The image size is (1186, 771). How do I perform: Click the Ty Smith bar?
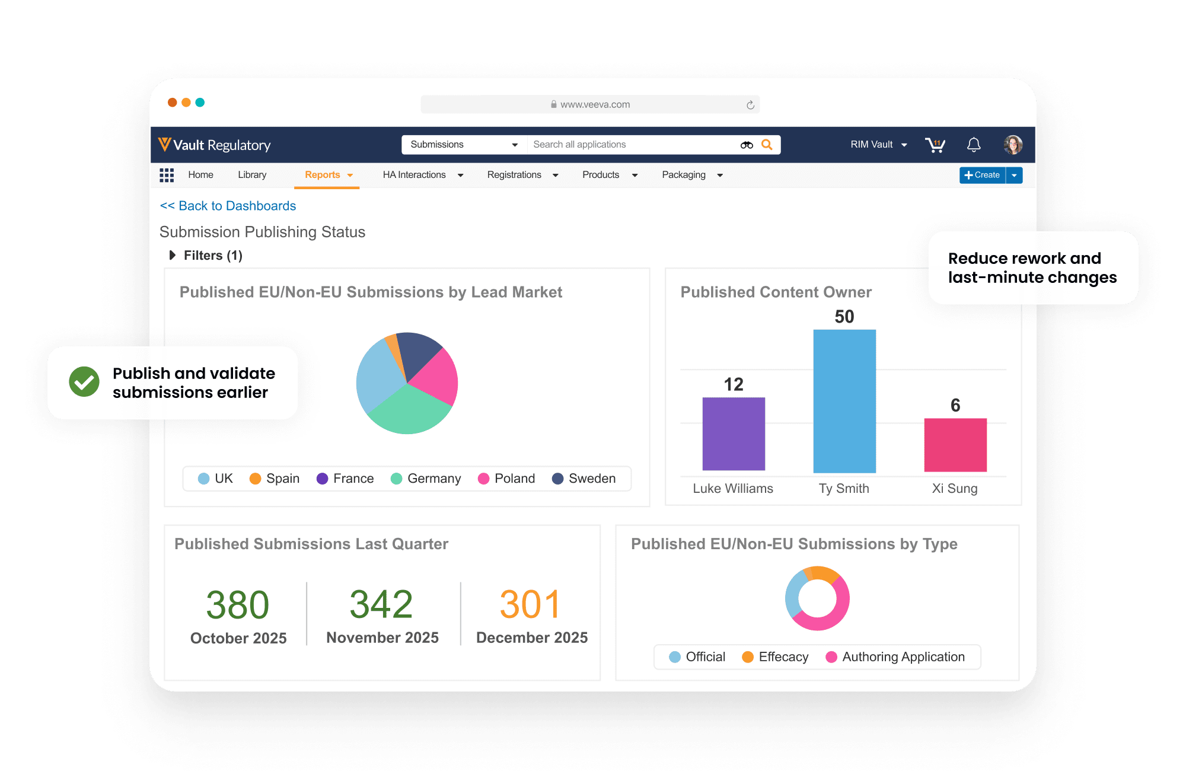click(844, 401)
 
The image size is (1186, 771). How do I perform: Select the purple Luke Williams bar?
click(734, 434)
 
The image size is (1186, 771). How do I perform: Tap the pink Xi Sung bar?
click(955, 445)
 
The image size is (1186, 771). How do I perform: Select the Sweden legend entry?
click(584, 479)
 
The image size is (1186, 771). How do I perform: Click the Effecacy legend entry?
click(775, 657)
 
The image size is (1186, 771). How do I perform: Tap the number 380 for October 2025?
click(238, 605)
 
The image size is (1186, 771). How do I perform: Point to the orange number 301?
click(530, 605)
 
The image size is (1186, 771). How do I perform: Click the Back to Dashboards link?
click(228, 206)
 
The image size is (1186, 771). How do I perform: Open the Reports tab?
click(323, 175)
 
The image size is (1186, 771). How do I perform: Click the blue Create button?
click(983, 175)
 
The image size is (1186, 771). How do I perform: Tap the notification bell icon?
click(974, 145)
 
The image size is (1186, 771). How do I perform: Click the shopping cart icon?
click(935, 145)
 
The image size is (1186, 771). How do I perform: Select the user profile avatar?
click(1013, 145)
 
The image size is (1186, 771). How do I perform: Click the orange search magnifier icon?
click(767, 145)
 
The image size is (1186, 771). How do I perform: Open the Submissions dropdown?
click(464, 145)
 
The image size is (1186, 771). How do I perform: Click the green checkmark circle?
click(84, 381)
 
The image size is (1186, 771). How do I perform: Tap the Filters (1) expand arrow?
click(173, 255)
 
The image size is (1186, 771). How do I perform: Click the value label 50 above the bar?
click(844, 317)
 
